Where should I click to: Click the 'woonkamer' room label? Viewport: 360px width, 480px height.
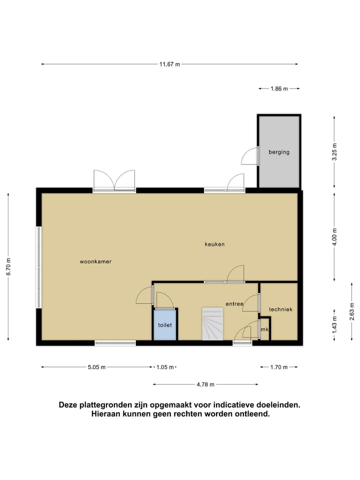95,261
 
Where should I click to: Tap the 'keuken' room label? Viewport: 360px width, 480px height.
214,244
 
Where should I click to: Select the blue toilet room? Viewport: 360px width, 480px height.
165,324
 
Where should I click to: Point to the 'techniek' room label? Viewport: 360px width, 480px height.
280,309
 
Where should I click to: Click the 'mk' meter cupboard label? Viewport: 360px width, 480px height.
264,329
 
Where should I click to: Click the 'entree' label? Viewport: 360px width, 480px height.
234,303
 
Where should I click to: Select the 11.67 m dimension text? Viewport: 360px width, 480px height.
169,64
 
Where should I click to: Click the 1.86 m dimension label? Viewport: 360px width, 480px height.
279,88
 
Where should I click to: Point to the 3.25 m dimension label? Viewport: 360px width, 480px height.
335,151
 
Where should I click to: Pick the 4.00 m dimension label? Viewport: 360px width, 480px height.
335,236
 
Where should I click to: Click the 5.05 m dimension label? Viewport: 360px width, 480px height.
96,367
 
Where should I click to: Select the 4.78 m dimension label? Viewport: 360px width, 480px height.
205,384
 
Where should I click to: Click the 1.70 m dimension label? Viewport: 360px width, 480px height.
278,367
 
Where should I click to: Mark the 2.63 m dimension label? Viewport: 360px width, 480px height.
352,311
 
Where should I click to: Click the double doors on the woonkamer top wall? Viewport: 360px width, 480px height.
114,181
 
